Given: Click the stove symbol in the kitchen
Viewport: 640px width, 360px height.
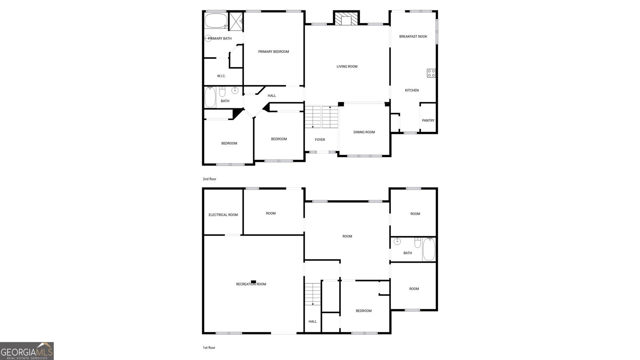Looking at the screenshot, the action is pyautogui.click(x=431, y=73).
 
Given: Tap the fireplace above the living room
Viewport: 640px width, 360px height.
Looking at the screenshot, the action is pyautogui.click(x=346, y=18).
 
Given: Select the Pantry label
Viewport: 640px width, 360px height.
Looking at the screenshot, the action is pyautogui.click(x=428, y=120).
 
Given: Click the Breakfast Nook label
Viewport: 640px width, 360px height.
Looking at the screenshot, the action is pyautogui.click(x=413, y=36).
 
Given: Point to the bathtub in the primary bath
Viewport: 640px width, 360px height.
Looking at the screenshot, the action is pyautogui.click(x=216, y=20).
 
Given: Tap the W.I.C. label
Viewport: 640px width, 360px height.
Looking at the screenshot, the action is pyautogui.click(x=221, y=76).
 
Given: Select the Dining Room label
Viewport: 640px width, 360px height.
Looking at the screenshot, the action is pyautogui.click(x=364, y=132).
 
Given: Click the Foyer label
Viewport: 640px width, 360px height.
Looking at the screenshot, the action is pyautogui.click(x=320, y=140).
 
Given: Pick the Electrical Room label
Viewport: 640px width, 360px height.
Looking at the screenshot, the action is pyautogui.click(x=223, y=215).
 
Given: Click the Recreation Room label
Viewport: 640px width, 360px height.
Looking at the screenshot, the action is pyautogui.click(x=251, y=284).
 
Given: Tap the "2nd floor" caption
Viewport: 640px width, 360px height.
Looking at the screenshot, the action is pyautogui.click(x=210, y=179).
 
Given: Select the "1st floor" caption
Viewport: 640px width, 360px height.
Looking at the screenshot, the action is pyautogui.click(x=209, y=348).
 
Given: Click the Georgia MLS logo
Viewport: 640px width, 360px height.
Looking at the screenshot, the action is pyautogui.click(x=27, y=351).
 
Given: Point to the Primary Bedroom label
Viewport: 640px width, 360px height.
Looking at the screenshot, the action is pyautogui.click(x=274, y=52).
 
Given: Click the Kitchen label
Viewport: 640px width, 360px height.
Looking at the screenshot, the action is pyautogui.click(x=412, y=90).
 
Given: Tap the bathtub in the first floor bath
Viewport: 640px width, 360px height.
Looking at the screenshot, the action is pyautogui.click(x=429, y=250).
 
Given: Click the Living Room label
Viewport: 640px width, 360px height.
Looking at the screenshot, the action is pyautogui.click(x=347, y=66).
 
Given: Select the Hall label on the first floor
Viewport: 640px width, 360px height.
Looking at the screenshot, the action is pyautogui.click(x=312, y=322).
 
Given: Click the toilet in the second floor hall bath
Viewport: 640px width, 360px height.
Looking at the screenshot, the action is pyautogui.click(x=222, y=92).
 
